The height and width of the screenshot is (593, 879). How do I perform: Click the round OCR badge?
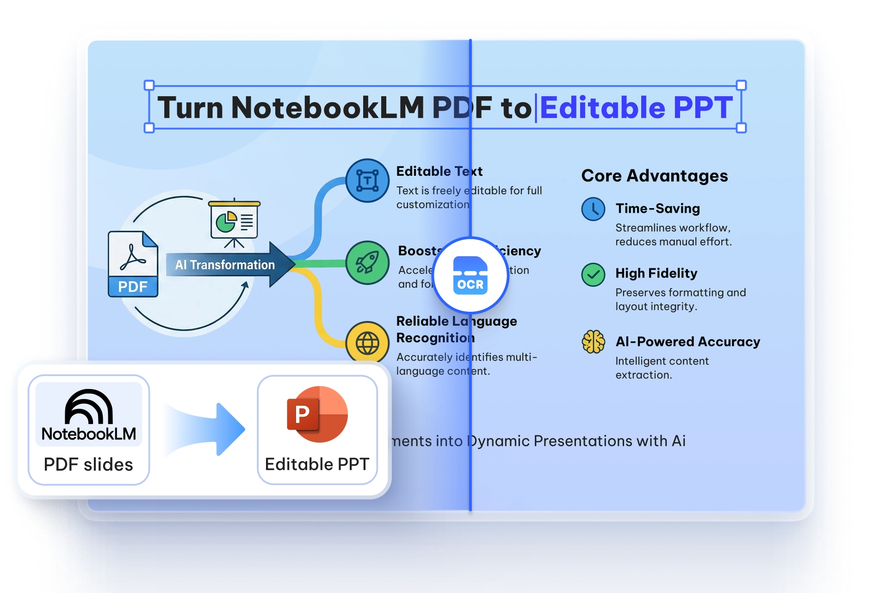point(470,276)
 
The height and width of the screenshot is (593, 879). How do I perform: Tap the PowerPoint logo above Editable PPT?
point(317,414)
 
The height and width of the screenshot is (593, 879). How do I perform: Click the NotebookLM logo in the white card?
point(89,414)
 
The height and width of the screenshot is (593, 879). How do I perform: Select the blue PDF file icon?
point(133,264)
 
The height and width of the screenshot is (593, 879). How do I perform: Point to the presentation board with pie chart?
point(234,222)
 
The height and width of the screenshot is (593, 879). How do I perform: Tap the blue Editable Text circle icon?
point(367,180)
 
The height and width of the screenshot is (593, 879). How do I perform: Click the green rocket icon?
point(367,263)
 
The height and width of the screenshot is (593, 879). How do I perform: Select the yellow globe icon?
point(367,343)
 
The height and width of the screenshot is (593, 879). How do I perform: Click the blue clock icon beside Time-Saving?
point(593,209)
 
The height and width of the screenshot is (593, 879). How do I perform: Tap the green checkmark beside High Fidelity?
point(593,275)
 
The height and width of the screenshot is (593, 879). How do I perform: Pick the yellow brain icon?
point(593,342)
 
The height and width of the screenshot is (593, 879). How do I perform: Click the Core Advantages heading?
point(654,176)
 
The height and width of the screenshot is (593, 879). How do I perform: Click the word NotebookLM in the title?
point(327,108)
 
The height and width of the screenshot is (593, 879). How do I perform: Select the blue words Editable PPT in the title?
point(636,108)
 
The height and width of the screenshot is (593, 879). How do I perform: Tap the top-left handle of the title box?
point(149,85)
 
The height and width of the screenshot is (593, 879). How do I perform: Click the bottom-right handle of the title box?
point(741,128)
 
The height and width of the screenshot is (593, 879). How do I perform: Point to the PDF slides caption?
point(88,464)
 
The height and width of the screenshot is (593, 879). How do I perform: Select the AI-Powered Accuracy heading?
point(687,342)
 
